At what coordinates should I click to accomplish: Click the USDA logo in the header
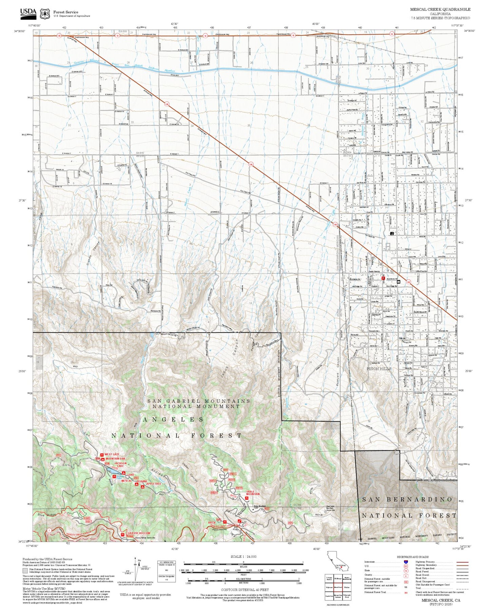click(x=28, y=13)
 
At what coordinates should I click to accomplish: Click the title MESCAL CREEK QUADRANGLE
click(x=440, y=9)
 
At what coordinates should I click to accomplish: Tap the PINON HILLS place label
click(x=379, y=368)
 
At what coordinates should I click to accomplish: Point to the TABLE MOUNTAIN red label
click(x=253, y=493)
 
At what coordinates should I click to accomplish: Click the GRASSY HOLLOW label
click(x=139, y=533)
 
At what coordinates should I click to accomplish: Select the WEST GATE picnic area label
click(x=112, y=454)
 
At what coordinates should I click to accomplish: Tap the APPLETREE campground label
click(x=154, y=484)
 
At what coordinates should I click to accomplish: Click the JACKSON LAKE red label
click(x=120, y=465)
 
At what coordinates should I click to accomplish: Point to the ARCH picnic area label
click(x=212, y=523)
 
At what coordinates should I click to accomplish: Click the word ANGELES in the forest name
click(x=173, y=420)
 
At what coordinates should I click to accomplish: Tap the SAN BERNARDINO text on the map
click(x=407, y=500)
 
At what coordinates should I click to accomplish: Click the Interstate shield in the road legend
click(x=406, y=562)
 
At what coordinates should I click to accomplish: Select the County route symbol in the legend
click(x=406, y=575)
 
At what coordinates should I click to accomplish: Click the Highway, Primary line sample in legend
click(x=462, y=562)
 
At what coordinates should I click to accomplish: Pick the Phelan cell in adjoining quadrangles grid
click(x=347, y=588)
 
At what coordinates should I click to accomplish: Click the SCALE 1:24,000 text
click(x=243, y=556)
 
